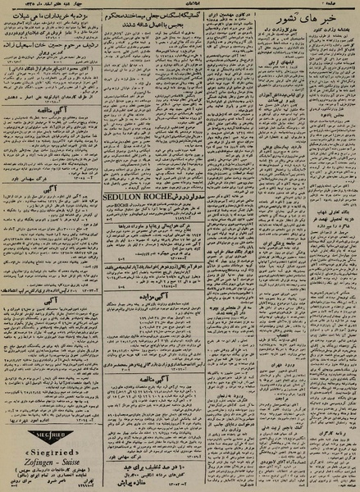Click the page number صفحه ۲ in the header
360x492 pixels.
tap(345, 6)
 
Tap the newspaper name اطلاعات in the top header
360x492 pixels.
tap(176, 6)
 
